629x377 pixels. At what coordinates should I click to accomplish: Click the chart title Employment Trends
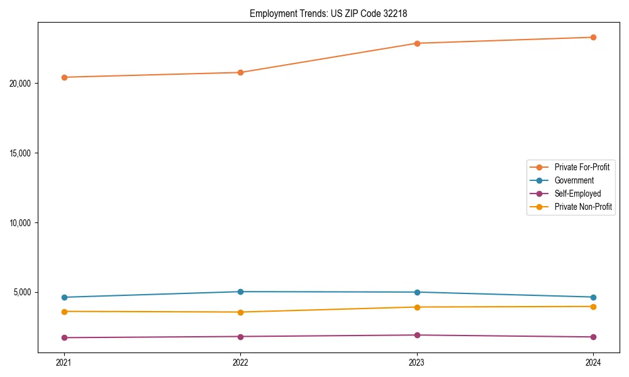coord(328,13)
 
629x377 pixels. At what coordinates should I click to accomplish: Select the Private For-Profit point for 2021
coord(64,77)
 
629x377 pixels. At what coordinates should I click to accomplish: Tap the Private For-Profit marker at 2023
coord(417,43)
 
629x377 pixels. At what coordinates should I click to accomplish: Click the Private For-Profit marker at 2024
coord(593,37)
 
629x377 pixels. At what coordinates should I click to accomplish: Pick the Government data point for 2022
coord(240,292)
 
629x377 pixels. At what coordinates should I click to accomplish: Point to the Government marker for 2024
coord(593,297)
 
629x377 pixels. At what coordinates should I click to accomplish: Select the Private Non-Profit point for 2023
coord(417,307)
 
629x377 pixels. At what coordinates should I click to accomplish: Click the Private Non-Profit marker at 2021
coord(64,312)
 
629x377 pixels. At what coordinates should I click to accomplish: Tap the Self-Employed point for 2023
coord(417,335)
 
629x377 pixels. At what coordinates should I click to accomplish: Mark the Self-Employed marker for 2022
coord(240,337)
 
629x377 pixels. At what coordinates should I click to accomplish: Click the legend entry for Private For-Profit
coord(581,167)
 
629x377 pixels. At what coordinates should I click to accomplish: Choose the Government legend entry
coord(574,180)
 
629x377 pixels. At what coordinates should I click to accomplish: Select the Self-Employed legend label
coord(577,194)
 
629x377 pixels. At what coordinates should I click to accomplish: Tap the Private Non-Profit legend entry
coord(583,207)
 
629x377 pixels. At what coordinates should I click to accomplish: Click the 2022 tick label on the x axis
coord(240,363)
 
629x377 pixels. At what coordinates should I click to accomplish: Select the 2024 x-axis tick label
coord(593,363)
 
